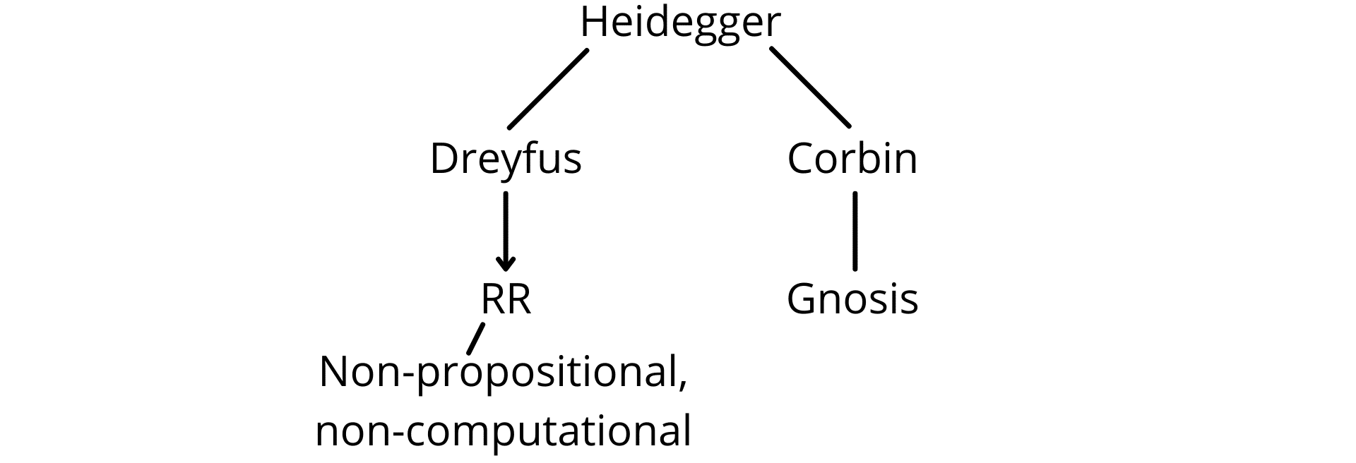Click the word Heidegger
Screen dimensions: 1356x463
pyautogui.click(x=680, y=24)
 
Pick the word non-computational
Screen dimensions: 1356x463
pyautogui.click(x=503, y=431)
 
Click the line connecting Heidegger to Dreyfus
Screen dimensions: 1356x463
pyautogui.click(x=548, y=88)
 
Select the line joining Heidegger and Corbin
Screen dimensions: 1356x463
pyautogui.click(x=809, y=87)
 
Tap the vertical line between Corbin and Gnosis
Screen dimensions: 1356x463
pyautogui.click(x=855, y=231)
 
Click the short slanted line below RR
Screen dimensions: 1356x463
pyautogui.click(x=476, y=338)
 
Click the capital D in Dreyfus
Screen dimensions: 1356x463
pyautogui.click(x=444, y=159)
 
